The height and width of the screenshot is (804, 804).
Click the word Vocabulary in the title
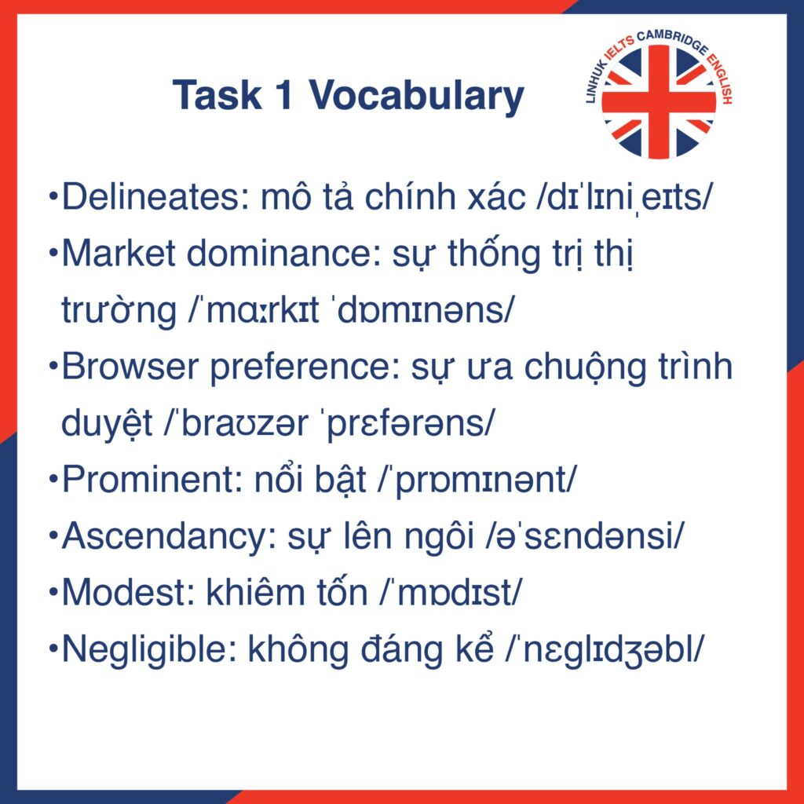pos(416,97)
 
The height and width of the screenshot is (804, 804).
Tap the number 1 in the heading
pos(283,95)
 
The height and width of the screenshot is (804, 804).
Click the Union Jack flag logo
pos(659,101)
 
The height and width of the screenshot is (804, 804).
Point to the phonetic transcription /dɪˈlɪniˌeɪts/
pos(624,198)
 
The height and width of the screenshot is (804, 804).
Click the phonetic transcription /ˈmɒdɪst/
pos(450,593)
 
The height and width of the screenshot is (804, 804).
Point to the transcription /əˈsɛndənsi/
pos(584,536)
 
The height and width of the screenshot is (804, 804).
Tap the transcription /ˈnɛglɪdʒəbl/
pos(604,650)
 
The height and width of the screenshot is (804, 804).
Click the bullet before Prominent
pos(53,480)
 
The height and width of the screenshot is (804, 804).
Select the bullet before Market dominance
pos(53,254)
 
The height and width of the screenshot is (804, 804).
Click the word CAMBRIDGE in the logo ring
pos(672,41)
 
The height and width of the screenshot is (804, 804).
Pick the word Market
pos(119,254)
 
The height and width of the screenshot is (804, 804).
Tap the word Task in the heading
pos(217,95)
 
